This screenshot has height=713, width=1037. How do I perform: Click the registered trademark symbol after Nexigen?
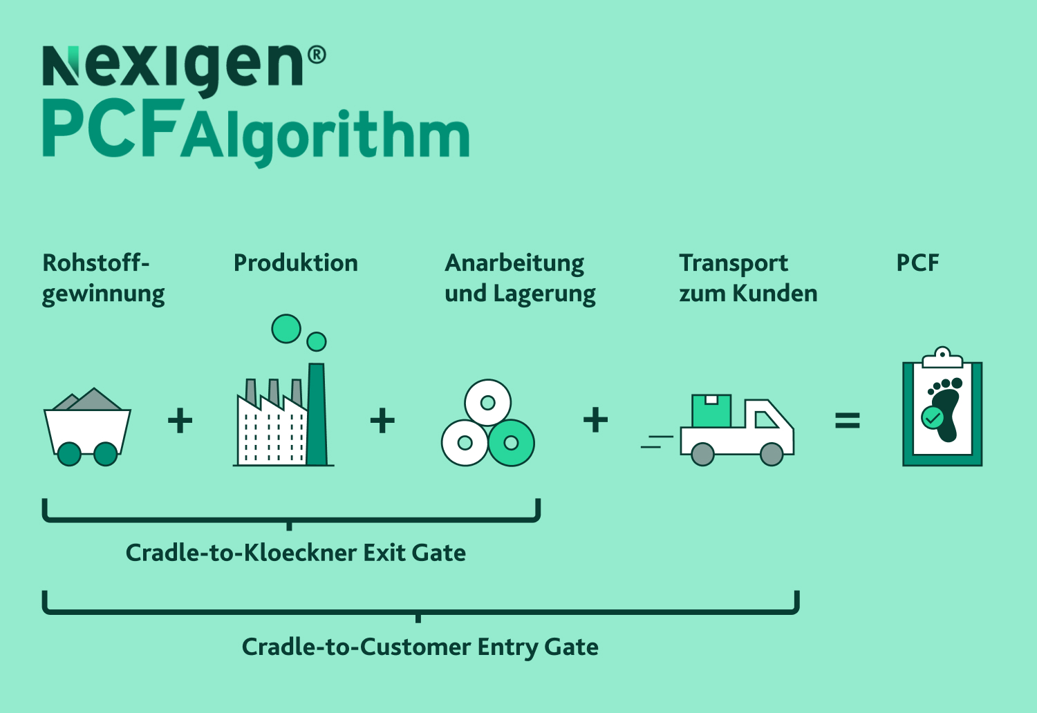click(x=316, y=55)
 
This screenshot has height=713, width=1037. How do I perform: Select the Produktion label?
click(x=295, y=263)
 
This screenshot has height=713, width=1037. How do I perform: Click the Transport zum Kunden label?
click(x=747, y=278)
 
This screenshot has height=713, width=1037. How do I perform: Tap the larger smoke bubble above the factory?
click(x=286, y=329)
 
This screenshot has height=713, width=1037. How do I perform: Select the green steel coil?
click(x=512, y=443)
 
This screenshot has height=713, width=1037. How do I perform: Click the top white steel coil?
click(x=487, y=402)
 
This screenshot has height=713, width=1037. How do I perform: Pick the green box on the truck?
click(x=711, y=411)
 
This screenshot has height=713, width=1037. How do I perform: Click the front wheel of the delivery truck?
click(x=772, y=454)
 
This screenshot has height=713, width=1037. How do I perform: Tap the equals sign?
click(x=847, y=420)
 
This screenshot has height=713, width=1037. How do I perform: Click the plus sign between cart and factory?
click(x=180, y=420)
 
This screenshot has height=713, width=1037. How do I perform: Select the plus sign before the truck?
click(x=595, y=420)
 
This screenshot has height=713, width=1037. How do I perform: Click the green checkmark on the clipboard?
click(x=933, y=417)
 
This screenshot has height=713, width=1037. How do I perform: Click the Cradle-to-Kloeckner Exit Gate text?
click(x=295, y=553)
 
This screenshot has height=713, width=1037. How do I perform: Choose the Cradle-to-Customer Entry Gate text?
click(x=420, y=647)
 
